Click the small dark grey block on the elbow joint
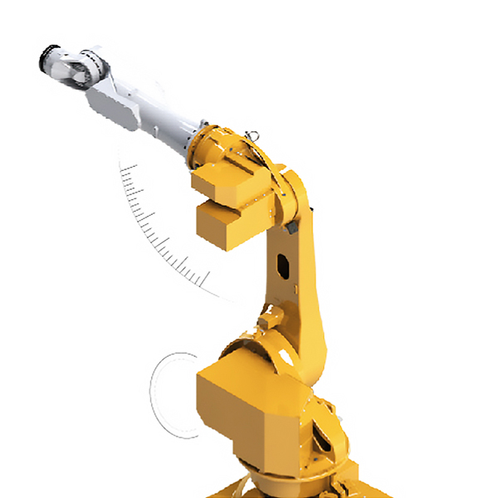pyautogui.click(x=291, y=225)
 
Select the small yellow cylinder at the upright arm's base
pyautogui.click(x=266, y=320)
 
